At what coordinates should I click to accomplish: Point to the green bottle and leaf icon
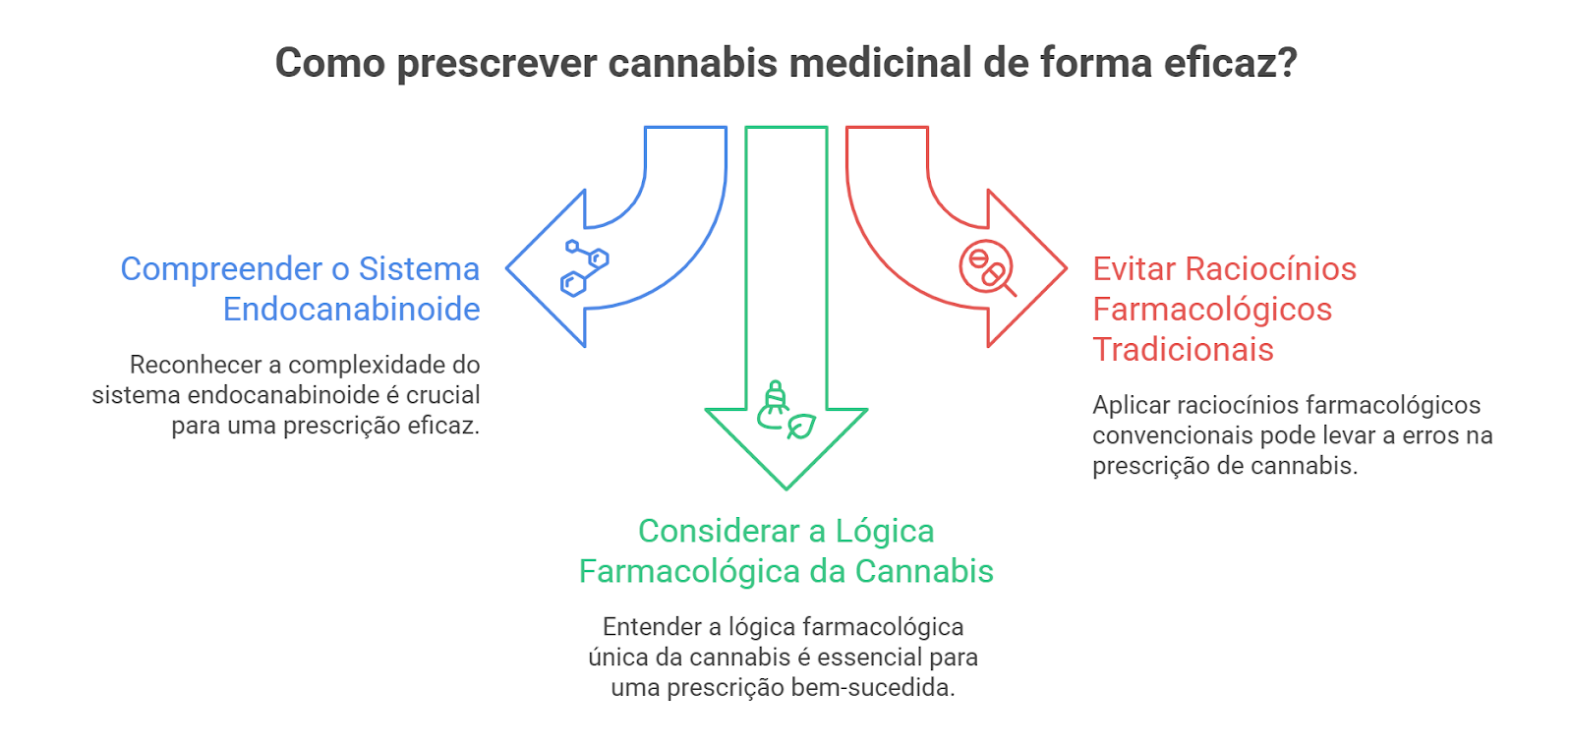785,411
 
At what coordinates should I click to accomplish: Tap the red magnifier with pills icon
986,267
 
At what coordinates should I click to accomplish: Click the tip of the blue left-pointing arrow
509,267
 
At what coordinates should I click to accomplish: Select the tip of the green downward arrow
786,486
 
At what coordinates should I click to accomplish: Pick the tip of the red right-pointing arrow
1064,267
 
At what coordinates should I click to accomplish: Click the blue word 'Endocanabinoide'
351,310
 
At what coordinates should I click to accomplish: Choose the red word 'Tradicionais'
1183,350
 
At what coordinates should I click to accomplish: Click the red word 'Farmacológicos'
1212,310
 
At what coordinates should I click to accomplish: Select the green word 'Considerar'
719,532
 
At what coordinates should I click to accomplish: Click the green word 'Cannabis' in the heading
924,572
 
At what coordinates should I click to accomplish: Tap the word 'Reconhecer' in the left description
196,366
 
